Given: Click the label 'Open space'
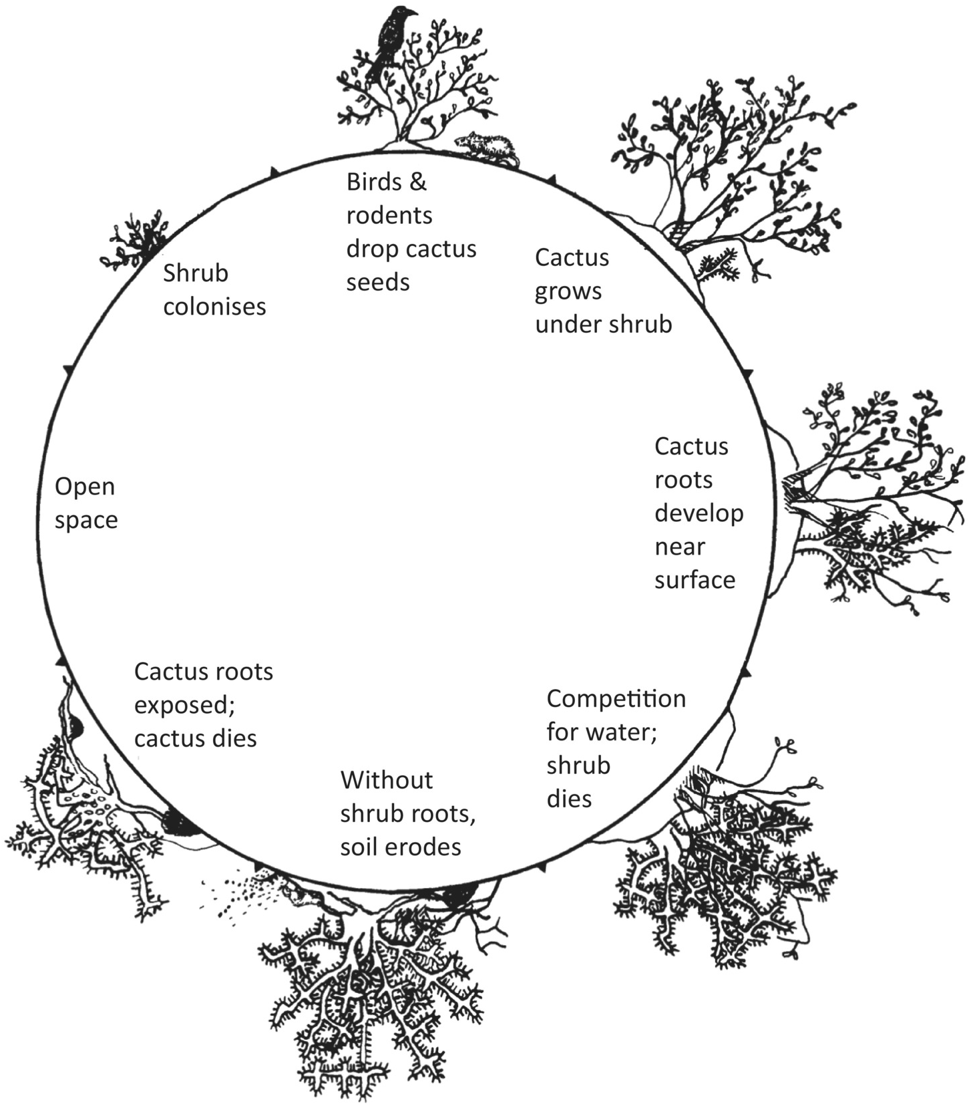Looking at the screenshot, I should [x=85, y=503].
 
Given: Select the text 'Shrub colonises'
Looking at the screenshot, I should [x=214, y=289].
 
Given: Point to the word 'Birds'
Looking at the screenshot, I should [x=374, y=182].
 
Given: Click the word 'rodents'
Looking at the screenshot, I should [x=389, y=215].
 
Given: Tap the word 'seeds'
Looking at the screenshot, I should [x=377, y=282].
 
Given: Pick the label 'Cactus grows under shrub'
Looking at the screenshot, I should [x=603, y=291].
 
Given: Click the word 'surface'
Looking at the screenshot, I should [x=695, y=580].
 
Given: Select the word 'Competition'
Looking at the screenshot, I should [x=616, y=698].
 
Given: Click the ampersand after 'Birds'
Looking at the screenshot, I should [x=418, y=182].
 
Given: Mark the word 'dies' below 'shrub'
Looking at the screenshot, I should [x=569, y=799].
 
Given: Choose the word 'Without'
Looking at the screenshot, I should [x=386, y=780].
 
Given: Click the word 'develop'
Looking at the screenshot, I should [x=699, y=513].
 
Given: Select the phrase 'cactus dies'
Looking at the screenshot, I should [x=195, y=738].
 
